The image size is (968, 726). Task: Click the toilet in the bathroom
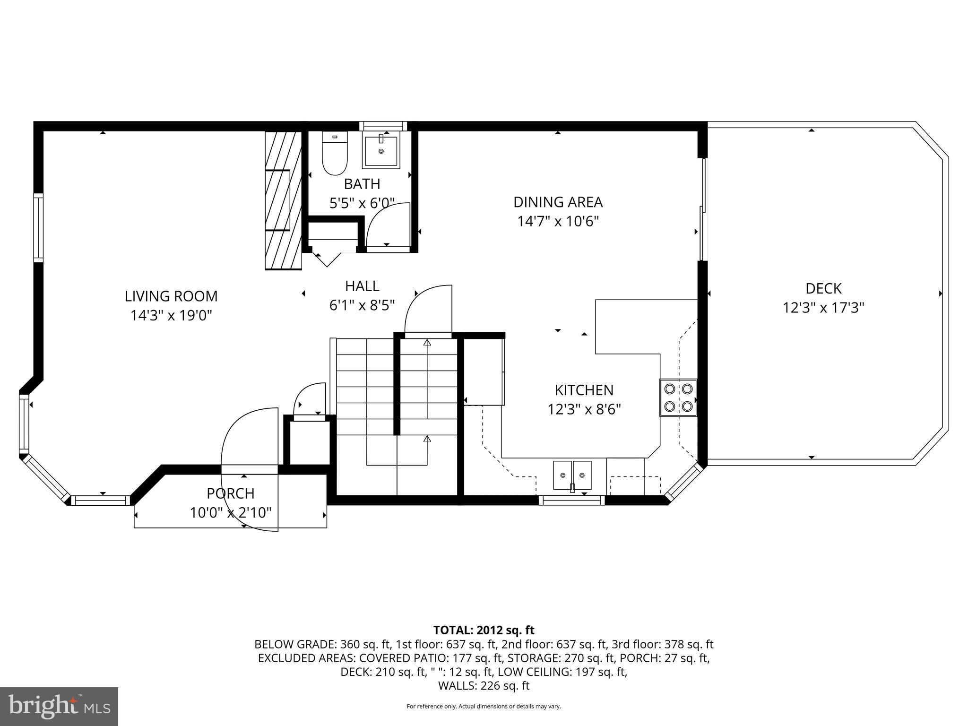(335, 154)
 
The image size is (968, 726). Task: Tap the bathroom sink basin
(381, 150)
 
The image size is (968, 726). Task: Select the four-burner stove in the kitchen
(678, 397)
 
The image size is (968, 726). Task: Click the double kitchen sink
(572, 475)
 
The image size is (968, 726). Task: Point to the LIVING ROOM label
(171, 296)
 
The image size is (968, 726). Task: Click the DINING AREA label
(558, 202)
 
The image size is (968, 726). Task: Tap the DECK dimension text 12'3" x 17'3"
(823, 308)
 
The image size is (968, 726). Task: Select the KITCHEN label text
(584, 390)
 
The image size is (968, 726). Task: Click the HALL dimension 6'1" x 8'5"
(362, 305)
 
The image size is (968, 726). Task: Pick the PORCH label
(231, 493)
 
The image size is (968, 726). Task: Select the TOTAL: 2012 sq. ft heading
(484, 630)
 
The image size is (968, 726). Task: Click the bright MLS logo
(59, 706)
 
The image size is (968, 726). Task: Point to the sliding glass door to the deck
(703, 209)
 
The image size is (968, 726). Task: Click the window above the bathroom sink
(383, 126)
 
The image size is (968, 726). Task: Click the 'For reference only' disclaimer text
(484, 706)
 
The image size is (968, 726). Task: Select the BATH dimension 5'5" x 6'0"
(362, 203)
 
